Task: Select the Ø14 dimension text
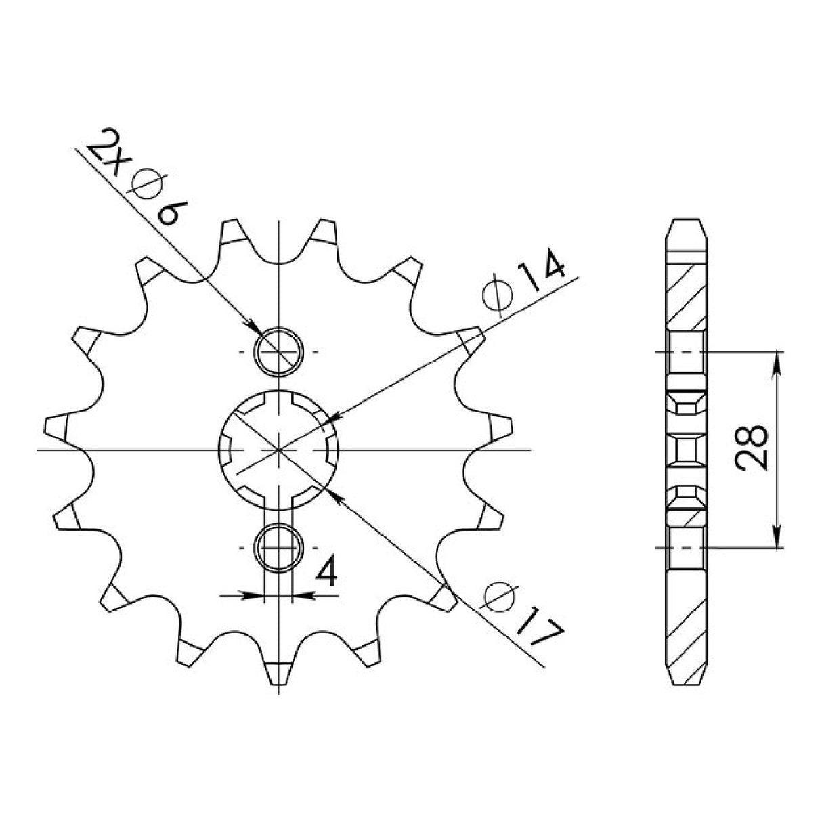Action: tap(523, 282)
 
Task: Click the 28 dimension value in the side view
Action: tap(751, 449)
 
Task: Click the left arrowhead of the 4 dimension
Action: tap(255, 596)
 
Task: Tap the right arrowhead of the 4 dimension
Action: tap(300, 596)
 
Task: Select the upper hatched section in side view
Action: tap(688, 291)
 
